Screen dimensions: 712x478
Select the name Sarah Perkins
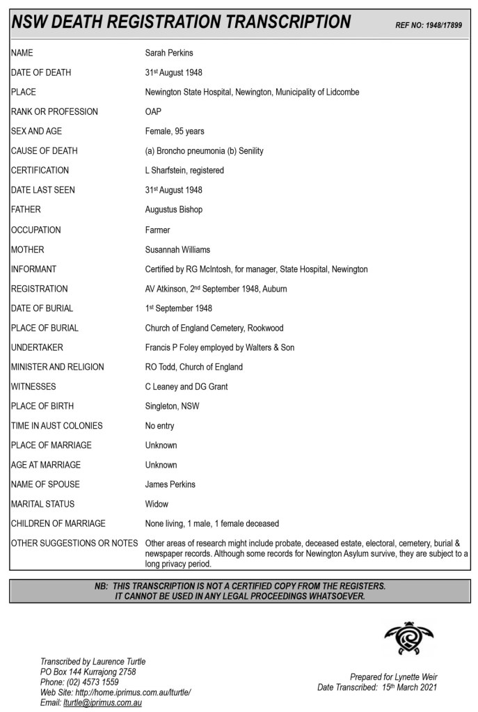click(169, 53)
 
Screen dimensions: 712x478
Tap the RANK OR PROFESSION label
click(54, 111)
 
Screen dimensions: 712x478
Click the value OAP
click(153, 111)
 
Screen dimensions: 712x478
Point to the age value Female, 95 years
click(175, 131)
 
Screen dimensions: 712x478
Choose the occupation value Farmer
click(157, 230)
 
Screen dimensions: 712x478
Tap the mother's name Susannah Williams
click(177, 249)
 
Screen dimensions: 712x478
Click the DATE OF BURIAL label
click(42, 308)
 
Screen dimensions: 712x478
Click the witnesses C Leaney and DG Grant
click(186, 386)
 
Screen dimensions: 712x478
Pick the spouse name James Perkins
click(170, 484)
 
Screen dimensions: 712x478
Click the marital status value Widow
click(157, 504)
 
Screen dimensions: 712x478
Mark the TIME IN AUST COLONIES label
click(57, 426)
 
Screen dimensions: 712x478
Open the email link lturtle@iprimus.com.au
click(103, 703)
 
